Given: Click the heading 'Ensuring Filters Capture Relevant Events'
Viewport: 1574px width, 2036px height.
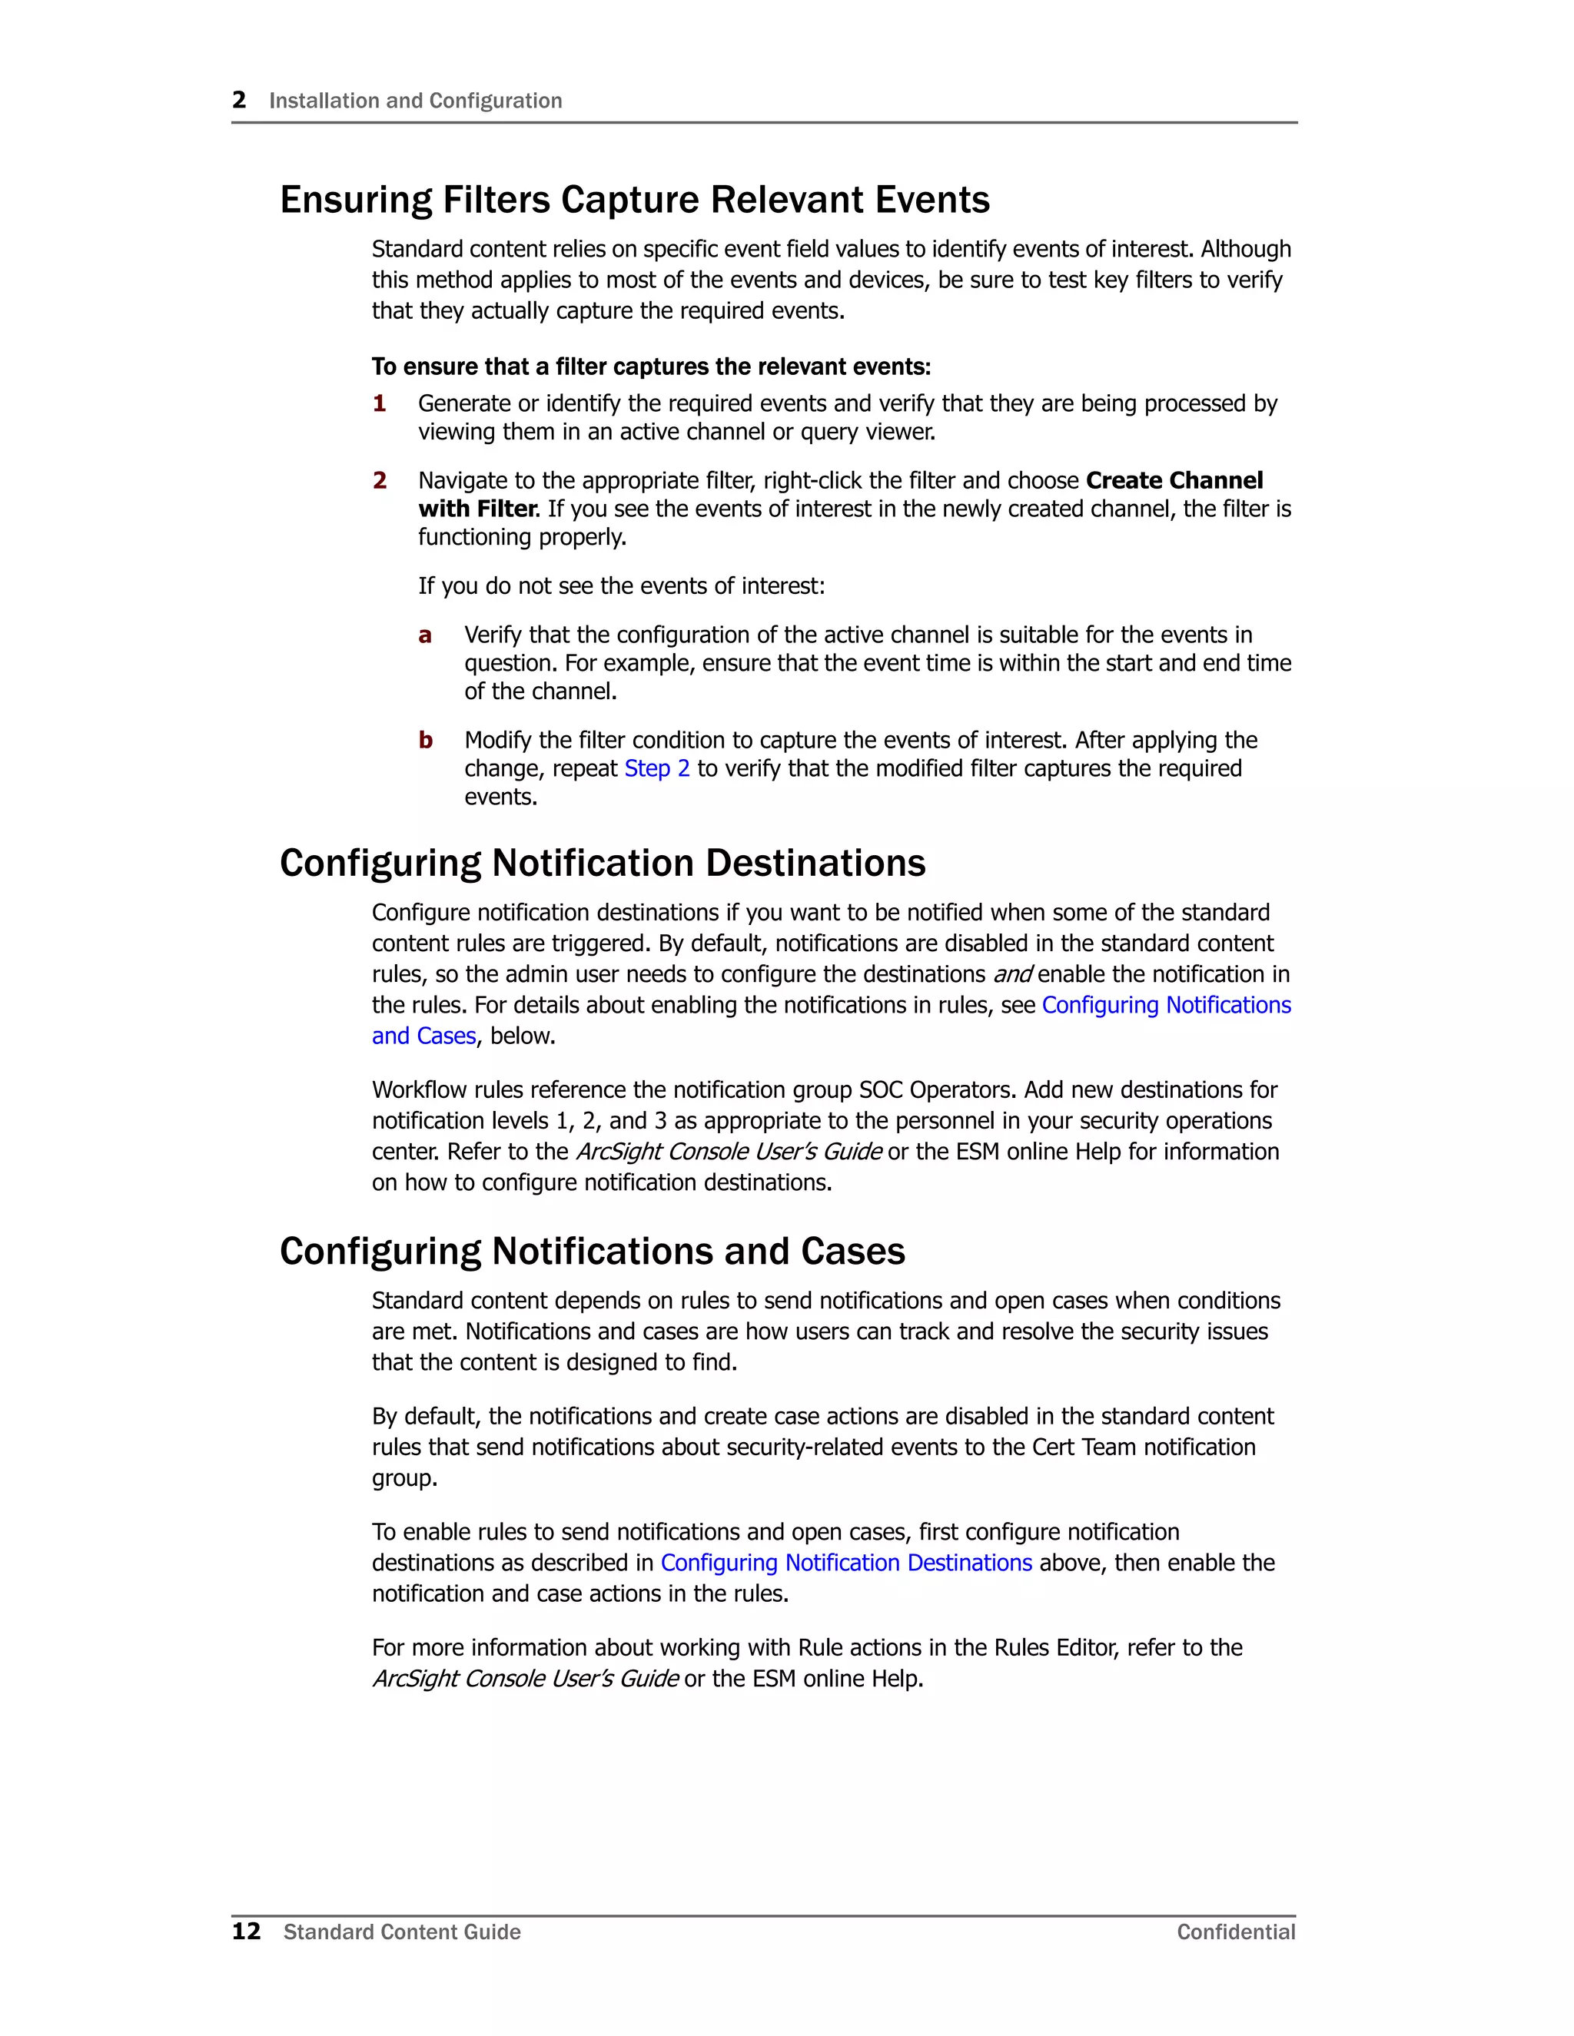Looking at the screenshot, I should (634, 201).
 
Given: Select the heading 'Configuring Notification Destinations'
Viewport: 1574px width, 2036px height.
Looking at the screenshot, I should (603, 864).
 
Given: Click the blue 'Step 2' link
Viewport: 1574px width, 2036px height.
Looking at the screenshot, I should (656, 769).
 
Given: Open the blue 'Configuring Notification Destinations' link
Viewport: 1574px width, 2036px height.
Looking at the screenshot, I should (845, 1563).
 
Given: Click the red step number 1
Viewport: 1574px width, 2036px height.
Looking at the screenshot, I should (380, 403).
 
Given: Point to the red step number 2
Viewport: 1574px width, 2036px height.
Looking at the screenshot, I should (380, 481).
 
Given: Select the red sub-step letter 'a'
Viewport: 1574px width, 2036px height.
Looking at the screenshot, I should (425, 636).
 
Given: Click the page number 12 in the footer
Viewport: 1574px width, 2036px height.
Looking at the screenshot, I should (246, 1932).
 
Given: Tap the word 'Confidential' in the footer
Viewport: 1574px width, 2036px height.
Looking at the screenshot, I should (1236, 1932).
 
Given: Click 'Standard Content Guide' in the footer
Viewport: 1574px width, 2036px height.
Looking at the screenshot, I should (402, 1932).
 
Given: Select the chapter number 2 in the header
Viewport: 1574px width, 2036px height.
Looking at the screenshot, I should (240, 100).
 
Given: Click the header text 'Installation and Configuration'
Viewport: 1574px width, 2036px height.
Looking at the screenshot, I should (416, 101).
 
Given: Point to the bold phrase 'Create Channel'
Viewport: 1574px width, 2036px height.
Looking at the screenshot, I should (1174, 481).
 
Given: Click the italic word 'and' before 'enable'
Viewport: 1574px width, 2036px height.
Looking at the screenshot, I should (1011, 975).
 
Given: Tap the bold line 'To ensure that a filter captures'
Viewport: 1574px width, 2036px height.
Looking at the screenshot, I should (651, 367).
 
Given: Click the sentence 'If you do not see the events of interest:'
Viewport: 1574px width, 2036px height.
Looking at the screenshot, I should (621, 586).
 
